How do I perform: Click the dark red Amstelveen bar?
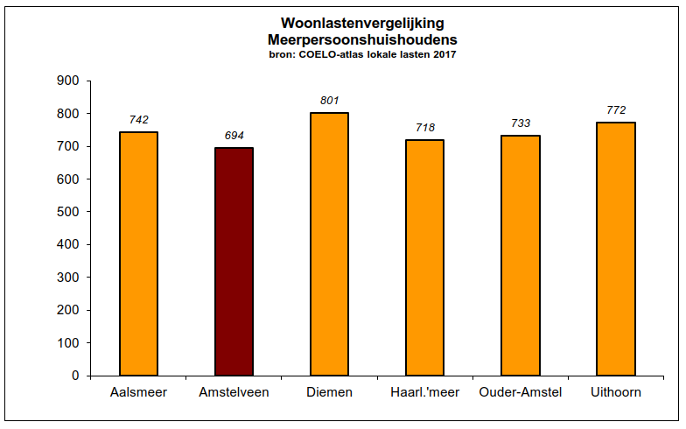point(234,261)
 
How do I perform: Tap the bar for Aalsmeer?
point(138,253)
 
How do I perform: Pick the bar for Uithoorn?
point(616,249)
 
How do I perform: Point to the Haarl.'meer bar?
point(425,257)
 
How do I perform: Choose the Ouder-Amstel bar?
point(521,255)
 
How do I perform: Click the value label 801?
point(329,101)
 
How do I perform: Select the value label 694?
point(234,136)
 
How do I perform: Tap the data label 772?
point(616,110)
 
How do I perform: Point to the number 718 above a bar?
point(425,128)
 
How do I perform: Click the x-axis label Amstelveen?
point(234,392)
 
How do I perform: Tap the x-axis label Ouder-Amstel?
point(521,392)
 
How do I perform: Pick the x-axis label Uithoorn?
point(616,392)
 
